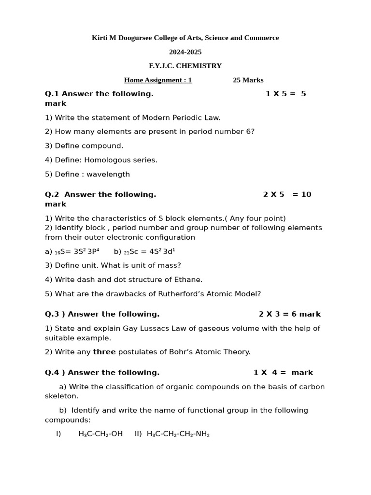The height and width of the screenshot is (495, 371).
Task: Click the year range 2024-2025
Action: coord(185,52)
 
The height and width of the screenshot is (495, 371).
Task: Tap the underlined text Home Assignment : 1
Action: coord(158,80)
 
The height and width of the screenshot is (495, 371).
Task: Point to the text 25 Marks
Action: coord(248,80)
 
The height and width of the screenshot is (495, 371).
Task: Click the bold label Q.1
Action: coord(52,94)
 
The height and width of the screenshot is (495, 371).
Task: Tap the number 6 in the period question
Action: coord(249,131)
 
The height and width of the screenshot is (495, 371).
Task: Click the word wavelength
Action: coord(108,174)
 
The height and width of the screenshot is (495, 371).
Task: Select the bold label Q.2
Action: coord(52,194)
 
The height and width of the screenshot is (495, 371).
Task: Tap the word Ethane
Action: coord(188,279)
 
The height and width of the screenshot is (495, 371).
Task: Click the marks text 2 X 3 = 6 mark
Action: coord(289,314)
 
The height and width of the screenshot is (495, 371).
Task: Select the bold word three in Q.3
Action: coord(104,352)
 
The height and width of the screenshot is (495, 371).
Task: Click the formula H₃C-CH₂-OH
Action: coord(100,434)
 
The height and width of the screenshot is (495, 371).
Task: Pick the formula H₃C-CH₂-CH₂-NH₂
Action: coord(178,434)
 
